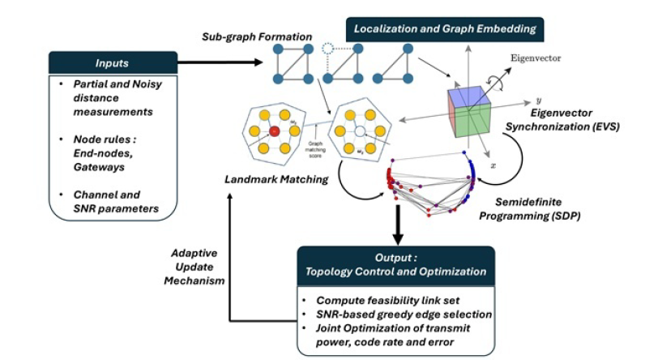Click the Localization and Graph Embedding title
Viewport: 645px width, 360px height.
[444, 29]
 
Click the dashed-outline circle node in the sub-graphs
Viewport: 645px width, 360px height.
[327, 48]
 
